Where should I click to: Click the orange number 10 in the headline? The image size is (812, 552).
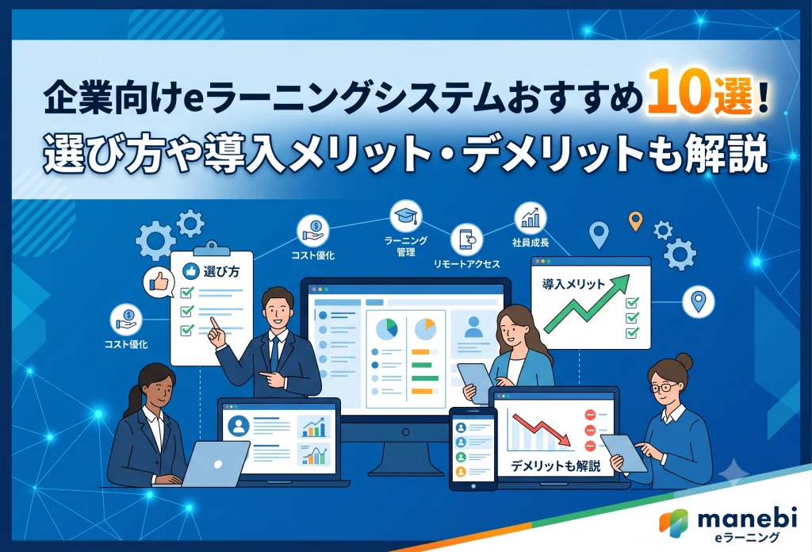point(680,94)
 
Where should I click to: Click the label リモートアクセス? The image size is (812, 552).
point(466,264)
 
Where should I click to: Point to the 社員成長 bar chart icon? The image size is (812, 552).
point(530,218)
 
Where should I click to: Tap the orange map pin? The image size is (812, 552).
point(635,221)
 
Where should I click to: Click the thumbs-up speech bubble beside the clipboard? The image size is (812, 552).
point(159,282)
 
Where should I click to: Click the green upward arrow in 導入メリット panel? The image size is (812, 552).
point(586,305)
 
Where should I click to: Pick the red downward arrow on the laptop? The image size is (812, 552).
point(542,430)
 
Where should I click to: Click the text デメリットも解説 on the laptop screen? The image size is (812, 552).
point(556,466)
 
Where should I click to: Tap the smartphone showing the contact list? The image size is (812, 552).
point(473,448)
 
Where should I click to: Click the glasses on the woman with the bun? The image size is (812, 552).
point(663,387)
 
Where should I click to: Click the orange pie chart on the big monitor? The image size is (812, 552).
point(426,329)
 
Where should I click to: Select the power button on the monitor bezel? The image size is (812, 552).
point(406,432)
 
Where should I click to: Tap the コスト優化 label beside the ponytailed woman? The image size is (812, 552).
point(126,344)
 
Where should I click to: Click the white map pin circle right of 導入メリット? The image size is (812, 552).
point(698,301)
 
